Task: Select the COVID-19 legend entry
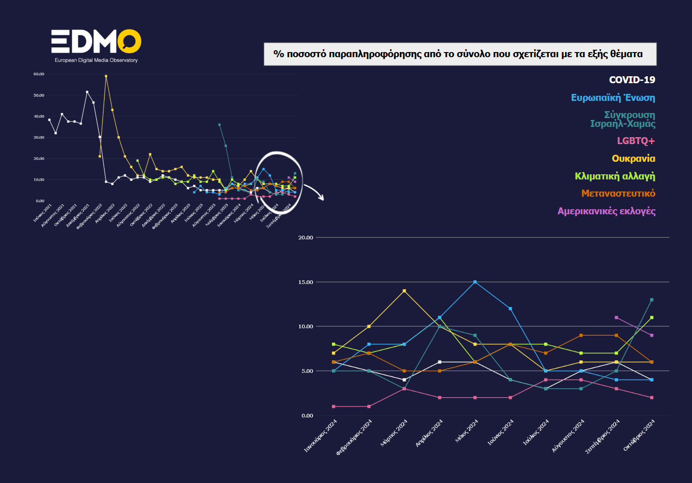pyautogui.click(x=632, y=80)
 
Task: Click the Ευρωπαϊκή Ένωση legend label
pyautogui.click(x=613, y=98)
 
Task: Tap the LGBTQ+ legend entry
pyautogui.click(x=636, y=141)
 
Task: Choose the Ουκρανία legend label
pyautogui.click(x=633, y=159)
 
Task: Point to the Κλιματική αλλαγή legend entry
pyautogui.click(x=615, y=176)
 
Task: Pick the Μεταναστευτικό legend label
pyautogui.click(x=618, y=193)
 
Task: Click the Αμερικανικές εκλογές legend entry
pyautogui.click(x=606, y=211)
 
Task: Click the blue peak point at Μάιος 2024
pyautogui.click(x=475, y=282)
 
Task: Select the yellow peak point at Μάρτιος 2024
pyautogui.click(x=404, y=291)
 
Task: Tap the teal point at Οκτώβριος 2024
pyautogui.click(x=652, y=300)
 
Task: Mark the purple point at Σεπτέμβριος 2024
pyautogui.click(x=616, y=318)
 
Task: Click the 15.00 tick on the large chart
pyautogui.click(x=306, y=282)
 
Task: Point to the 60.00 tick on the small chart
pyautogui.click(x=39, y=74)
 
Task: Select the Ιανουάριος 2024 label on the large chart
pyautogui.click(x=320, y=436)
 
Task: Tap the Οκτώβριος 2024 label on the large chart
pyautogui.click(x=639, y=435)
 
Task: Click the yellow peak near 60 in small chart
pyautogui.click(x=106, y=76)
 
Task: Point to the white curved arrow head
pyautogui.click(x=321, y=198)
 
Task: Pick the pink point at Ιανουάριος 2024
pyautogui.click(x=333, y=406)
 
